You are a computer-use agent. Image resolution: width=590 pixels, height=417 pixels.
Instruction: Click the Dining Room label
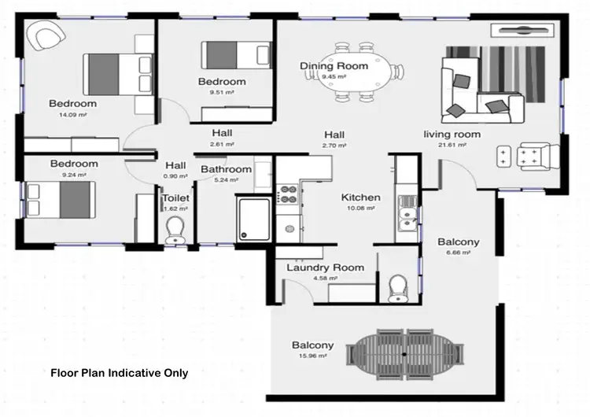[x=334, y=67]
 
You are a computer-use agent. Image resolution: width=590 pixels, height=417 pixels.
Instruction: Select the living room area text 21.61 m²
[x=452, y=146]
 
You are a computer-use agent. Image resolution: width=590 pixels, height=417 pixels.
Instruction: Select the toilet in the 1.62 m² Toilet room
[x=174, y=229]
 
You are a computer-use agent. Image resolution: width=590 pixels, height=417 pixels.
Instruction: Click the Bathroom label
[x=226, y=169]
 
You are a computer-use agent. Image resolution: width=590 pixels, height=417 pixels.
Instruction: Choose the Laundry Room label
[x=325, y=268]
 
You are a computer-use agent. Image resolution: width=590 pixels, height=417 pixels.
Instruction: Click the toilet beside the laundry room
[x=398, y=286]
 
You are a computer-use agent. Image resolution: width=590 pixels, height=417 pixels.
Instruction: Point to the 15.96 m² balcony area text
[x=312, y=356]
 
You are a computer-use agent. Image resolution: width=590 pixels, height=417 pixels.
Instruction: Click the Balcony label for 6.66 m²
[x=459, y=242]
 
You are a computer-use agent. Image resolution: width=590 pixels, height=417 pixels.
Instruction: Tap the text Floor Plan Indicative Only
[x=119, y=373]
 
